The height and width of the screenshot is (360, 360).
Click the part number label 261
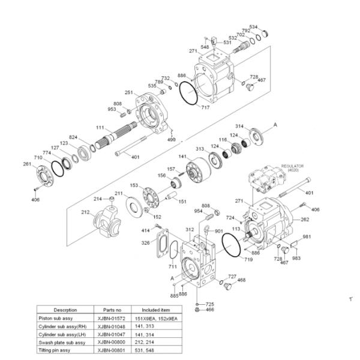click(x=27, y=164)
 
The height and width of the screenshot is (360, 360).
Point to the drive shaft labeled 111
click(x=116, y=135)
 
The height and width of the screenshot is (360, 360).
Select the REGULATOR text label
click(x=292, y=166)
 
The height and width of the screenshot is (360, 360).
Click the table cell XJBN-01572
click(x=112, y=319)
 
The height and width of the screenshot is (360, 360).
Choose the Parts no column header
click(x=112, y=310)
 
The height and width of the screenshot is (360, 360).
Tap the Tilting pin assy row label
click(x=54, y=350)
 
